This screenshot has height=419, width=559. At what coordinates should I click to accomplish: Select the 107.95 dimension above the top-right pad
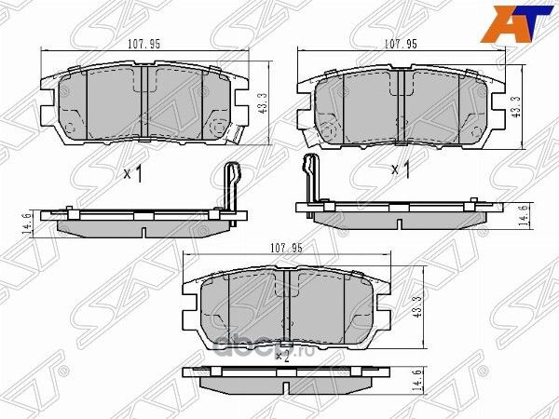point(400,44)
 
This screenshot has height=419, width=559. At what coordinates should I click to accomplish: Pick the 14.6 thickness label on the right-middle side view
point(524,215)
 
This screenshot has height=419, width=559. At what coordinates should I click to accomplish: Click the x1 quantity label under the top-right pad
point(401,169)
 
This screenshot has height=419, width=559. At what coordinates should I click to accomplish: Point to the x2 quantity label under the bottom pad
point(280,354)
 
